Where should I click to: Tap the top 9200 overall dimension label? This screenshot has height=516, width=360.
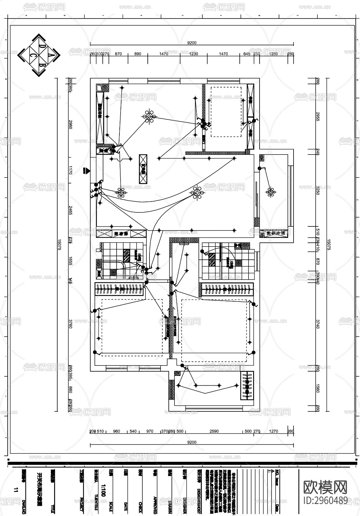pos(192,43)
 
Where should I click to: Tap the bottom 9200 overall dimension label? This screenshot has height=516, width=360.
pos(192,442)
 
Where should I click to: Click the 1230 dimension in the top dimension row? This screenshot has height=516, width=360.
pos(194,54)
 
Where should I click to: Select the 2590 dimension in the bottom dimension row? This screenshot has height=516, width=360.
pos(214,431)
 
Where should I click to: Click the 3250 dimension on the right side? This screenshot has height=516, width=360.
pos(317,190)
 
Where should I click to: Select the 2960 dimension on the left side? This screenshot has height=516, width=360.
pos(70,124)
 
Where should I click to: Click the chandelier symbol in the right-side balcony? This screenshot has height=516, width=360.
pos(270,192)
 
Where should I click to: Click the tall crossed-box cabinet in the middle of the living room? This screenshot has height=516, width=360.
pos(143,169)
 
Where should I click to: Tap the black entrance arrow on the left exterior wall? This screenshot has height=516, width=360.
pos(85,171)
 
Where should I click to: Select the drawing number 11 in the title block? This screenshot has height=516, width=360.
pos(16,490)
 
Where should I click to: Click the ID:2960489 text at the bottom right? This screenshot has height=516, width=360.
pos(326,500)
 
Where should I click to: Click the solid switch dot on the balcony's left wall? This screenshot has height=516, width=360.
pos(259,169)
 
